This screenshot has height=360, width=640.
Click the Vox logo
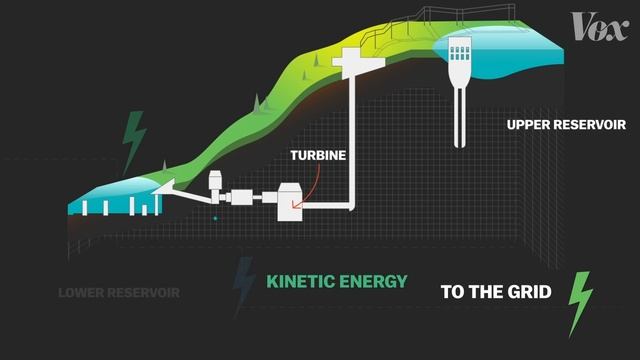598,26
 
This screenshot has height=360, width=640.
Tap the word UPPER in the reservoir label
530,125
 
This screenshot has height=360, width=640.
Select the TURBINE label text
318,156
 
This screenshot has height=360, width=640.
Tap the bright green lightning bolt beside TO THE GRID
579,303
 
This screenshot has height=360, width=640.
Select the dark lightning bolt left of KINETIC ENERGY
243,284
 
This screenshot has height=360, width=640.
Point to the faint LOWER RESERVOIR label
118,293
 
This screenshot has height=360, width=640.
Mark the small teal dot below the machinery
215,217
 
